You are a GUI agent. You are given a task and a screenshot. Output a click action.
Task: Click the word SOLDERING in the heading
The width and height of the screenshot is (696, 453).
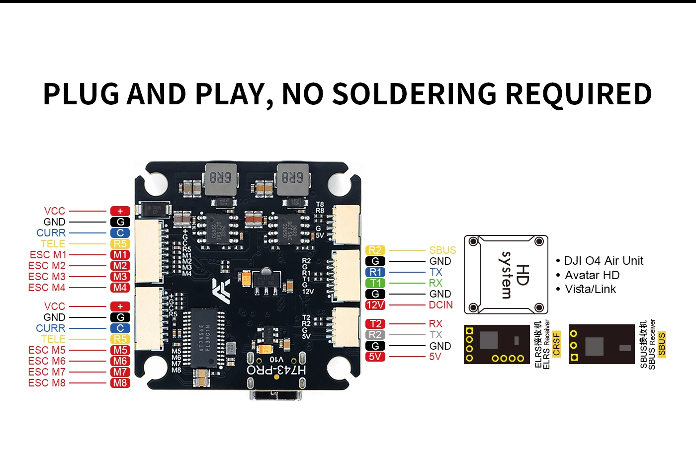[x=414, y=94]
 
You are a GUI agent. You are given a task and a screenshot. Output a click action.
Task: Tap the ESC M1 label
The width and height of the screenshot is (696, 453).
[x=47, y=255]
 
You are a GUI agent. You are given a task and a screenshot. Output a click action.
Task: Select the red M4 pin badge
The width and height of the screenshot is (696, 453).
[x=120, y=288]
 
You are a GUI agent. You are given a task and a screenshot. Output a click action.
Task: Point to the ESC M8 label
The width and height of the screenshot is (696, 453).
[x=47, y=383]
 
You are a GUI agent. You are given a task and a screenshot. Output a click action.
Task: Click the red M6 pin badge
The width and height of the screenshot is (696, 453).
[x=120, y=361]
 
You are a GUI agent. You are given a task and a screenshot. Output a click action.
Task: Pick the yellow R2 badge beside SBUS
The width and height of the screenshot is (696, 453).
[x=375, y=250]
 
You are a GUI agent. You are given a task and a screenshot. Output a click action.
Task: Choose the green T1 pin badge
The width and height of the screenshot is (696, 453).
[x=375, y=283]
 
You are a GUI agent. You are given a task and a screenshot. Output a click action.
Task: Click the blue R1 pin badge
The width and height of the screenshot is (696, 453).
[x=375, y=272]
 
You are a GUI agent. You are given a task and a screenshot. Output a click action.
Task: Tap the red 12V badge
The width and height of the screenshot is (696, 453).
[x=375, y=305]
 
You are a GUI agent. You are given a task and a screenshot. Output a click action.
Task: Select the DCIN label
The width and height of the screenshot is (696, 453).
[x=441, y=305]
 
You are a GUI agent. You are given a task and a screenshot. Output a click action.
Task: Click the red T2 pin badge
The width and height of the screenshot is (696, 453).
[x=375, y=324]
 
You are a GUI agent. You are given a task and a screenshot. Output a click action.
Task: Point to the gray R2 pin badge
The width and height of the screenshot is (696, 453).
[x=375, y=335]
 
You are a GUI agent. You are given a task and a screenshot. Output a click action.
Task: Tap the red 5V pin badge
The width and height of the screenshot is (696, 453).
[x=375, y=357]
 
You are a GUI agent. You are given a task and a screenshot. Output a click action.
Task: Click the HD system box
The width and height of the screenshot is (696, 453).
[x=506, y=275]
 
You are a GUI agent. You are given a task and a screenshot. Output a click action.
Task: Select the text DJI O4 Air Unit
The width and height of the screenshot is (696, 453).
[x=604, y=261]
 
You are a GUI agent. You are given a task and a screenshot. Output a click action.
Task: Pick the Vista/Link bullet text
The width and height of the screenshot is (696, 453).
[x=591, y=289]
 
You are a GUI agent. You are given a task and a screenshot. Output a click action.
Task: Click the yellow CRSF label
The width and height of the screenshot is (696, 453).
[x=556, y=344]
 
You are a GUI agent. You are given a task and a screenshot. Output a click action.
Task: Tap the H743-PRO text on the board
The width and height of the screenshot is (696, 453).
[x=276, y=370]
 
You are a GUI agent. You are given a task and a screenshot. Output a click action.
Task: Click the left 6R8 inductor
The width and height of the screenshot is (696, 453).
[x=220, y=177]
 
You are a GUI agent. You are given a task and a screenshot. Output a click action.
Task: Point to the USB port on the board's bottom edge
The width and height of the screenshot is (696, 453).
[x=276, y=395]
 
